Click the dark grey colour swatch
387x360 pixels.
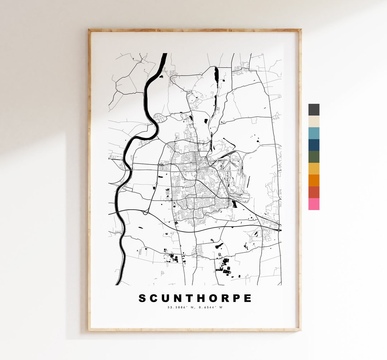pyautogui.click(x=314, y=110)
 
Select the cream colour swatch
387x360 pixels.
pyautogui.click(x=314, y=122)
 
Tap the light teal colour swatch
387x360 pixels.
pyautogui.click(x=314, y=133)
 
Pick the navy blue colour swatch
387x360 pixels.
pyautogui.click(x=314, y=145)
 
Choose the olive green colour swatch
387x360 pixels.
pyautogui.click(x=314, y=157)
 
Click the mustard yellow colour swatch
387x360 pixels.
pyautogui.click(x=314, y=169)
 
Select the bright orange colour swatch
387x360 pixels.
pyautogui.click(x=314, y=181)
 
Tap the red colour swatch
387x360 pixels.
pyautogui.click(x=314, y=193)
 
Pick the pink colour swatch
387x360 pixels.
pyautogui.click(x=314, y=204)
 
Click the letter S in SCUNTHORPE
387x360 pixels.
pyautogui.click(x=143, y=298)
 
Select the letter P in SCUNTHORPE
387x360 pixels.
pyautogui.click(x=236, y=298)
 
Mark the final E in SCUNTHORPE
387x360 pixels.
pyautogui.click(x=248, y=298)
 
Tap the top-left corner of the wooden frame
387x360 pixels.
pyautogui.click(x=90, y=30)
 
